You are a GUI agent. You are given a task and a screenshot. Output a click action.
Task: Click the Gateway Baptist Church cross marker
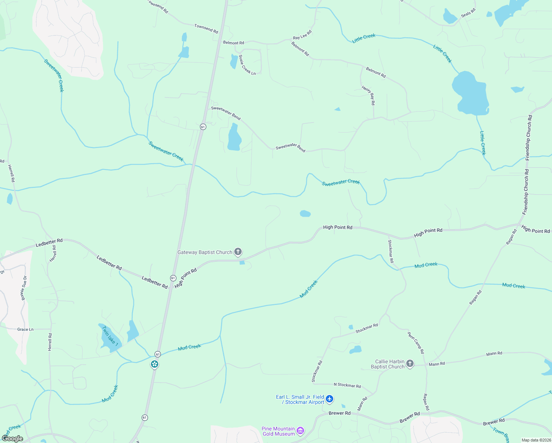click(x=238, y=252)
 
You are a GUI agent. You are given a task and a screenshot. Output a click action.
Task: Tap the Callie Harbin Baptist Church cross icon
click(x=410, y=364)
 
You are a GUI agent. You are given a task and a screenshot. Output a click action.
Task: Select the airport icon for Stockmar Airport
click(x=330, y=399)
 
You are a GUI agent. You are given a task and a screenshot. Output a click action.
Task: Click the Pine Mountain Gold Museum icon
click(x=300, y=431)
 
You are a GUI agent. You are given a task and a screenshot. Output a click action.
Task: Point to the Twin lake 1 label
click(x=110, y=336)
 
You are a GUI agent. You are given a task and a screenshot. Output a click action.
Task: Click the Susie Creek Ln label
click(x=247, y=65)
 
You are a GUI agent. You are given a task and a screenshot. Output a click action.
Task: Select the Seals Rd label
click(x=468, y=13)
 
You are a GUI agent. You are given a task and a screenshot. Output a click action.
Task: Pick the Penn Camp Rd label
click(x=416, y=343)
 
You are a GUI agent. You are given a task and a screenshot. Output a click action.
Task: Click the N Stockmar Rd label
click(x=347, y=385)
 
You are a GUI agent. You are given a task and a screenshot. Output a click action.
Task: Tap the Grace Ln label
click(x=25, y=329)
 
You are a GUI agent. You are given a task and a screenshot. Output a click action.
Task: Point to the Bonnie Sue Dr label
click(x=24, y=288)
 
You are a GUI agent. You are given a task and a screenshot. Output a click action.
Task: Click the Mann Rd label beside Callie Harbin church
click(x=437, y=364)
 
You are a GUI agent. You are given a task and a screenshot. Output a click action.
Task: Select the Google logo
click(x=12, y=439)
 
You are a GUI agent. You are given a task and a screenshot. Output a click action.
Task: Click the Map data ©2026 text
click(x=536, y=440)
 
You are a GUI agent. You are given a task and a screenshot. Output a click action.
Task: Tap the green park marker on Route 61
click(x=155, y=364)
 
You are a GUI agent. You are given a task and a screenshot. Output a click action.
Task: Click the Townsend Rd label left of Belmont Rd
click(x=206, y=28)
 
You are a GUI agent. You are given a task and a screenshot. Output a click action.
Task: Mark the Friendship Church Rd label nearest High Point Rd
click(x=526, y=192)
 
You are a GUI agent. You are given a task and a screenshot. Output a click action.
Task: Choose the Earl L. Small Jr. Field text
click(x=300, y=397)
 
